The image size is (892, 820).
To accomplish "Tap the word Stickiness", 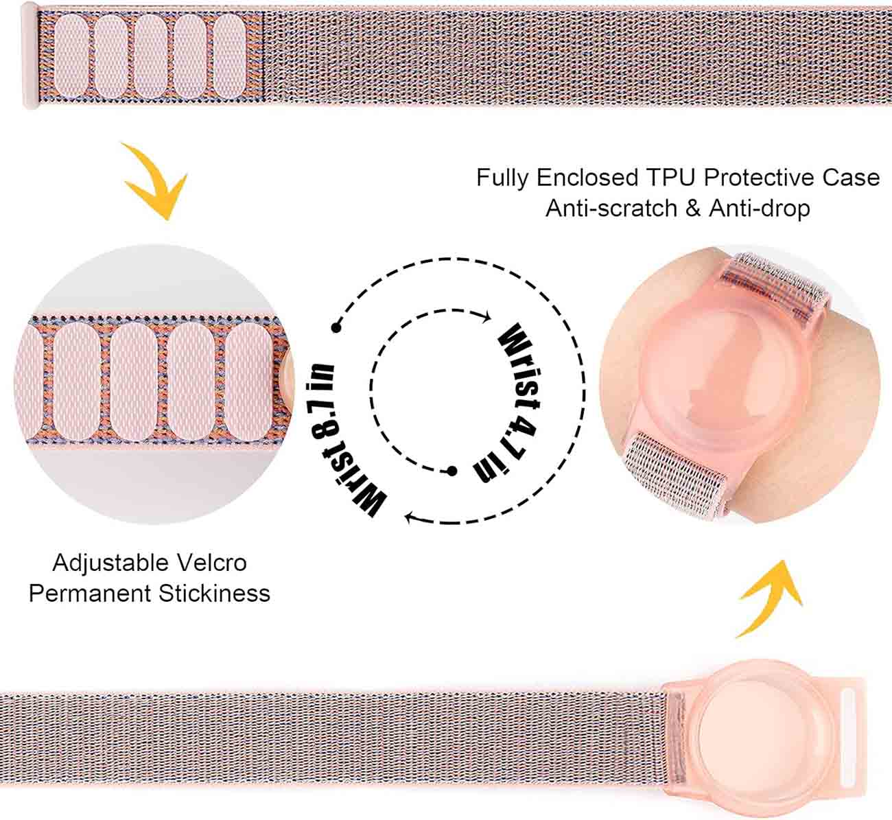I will click(214, 593).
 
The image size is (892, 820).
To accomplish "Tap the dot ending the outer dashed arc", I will click(336, 327).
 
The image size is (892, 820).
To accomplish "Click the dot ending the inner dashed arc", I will click(451, 471).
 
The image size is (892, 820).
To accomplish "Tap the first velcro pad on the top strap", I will click(71, 57).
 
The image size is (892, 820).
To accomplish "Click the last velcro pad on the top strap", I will click(229, 57).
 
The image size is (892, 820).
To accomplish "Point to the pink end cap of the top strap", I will click(31, 55).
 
